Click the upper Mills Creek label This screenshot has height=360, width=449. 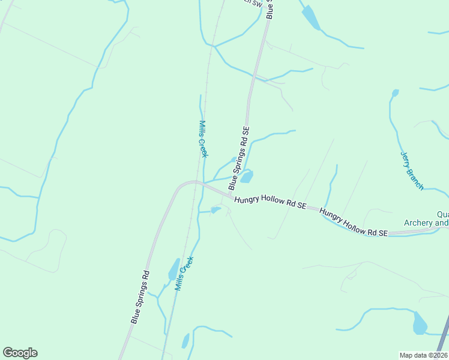(203, 139)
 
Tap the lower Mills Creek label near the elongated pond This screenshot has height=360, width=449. (184, 274)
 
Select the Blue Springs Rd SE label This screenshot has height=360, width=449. (238, 159)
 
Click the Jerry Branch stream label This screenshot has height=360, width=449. (412, 171)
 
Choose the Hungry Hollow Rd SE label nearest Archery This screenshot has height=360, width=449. (354, 223)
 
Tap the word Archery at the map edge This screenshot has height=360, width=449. (426, 223)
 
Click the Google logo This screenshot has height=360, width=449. (20, 353)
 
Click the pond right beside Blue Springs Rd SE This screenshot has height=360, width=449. (247, 176)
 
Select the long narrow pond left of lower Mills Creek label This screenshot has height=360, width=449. (173, 270)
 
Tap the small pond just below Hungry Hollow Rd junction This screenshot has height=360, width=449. (215, 210)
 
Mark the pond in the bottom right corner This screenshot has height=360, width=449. (420, 324)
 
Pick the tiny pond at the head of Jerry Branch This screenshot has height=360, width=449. (395, 93)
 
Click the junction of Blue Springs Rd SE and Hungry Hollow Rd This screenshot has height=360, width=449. (231, 196)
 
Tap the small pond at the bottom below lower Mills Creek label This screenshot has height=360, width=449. (185, 341)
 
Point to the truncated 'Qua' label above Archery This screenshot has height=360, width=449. (442, 214)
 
